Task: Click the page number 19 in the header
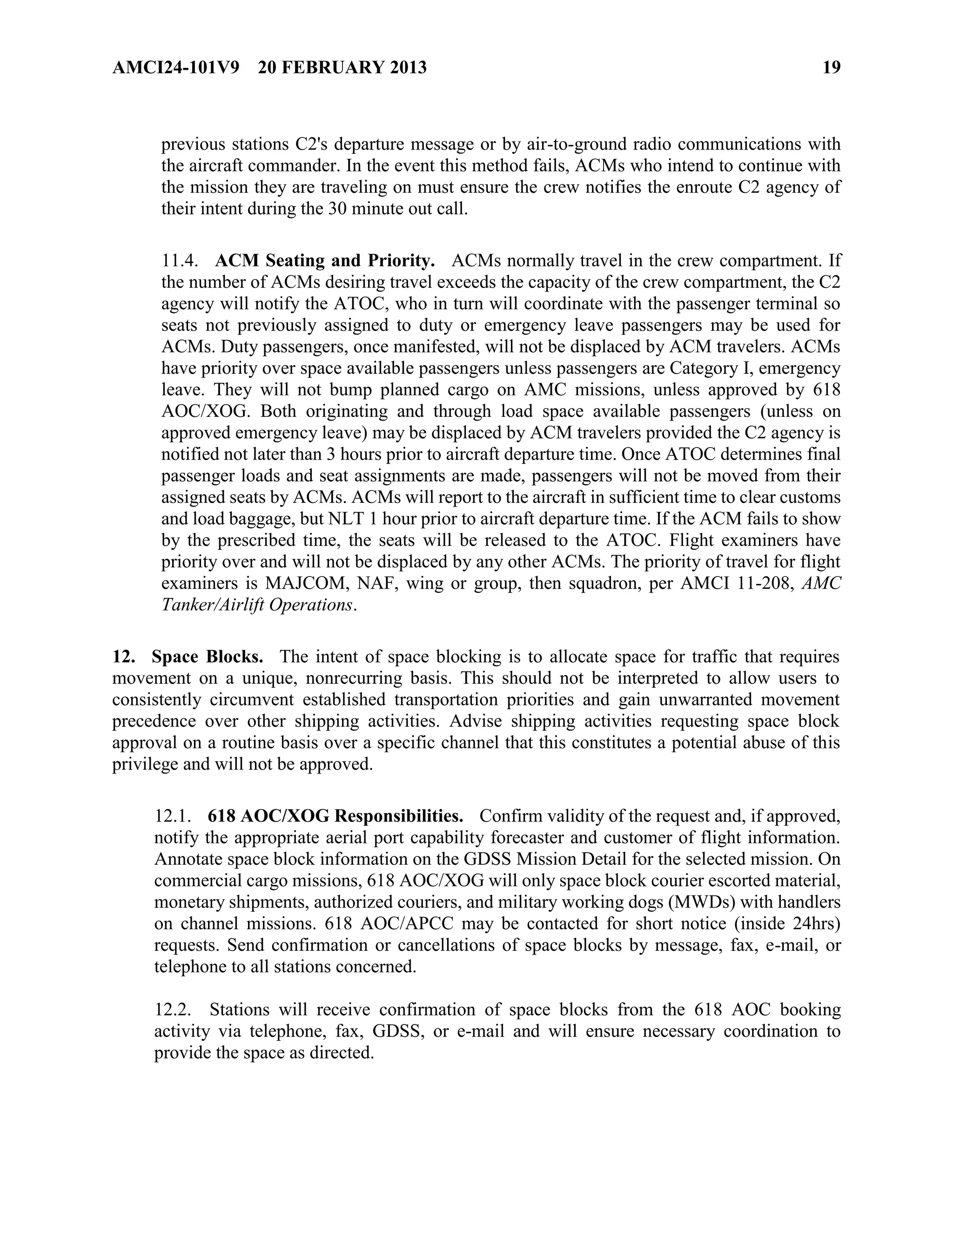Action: [831, 68]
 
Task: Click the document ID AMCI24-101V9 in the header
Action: [175, 68]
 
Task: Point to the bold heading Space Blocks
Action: [207, 657]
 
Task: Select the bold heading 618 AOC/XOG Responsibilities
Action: [336, 816]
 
